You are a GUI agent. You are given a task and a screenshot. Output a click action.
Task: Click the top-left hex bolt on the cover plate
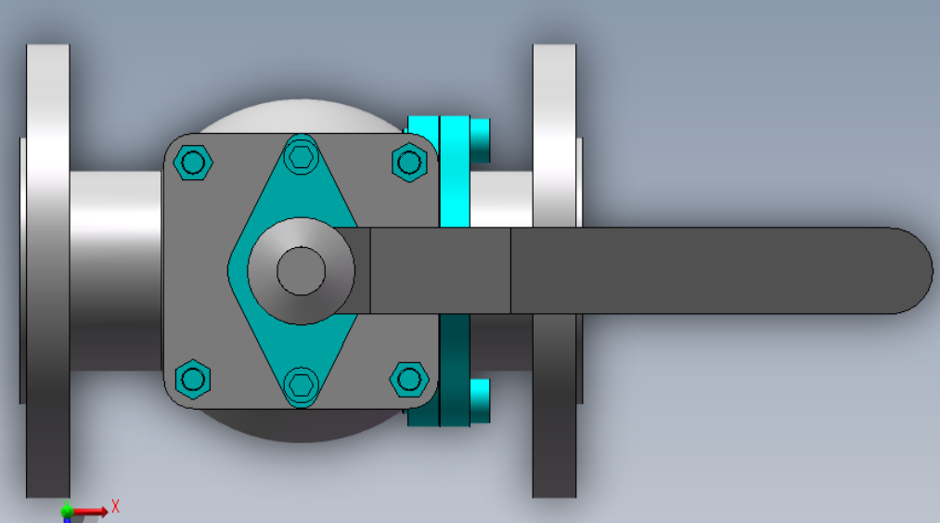[192, 163]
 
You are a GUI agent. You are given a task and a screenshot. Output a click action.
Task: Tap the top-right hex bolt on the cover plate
[409, 163]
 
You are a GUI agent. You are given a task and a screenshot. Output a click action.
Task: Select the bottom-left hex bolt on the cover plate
[192, 379]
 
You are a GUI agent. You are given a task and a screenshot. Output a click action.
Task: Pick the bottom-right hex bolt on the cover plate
[409, 379]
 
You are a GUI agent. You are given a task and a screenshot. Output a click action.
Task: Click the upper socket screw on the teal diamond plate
[301, 157]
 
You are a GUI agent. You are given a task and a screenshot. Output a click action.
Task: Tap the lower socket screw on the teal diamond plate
[301, 385]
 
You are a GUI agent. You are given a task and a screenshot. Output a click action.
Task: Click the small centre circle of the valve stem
[301, 271]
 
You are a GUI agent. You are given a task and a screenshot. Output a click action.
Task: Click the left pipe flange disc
[48, 270]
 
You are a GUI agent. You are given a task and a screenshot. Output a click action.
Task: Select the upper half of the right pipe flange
[555, 135]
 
